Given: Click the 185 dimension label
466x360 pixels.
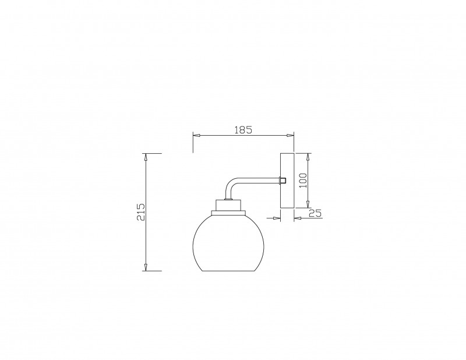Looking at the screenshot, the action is point(243,130).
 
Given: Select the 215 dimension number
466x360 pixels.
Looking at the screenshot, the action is point(140,212).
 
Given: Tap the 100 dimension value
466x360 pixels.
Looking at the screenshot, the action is point(303,181).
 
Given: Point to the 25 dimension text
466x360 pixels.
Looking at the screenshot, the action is point(315,213).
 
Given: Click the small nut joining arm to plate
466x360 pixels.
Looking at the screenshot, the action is point(283,181).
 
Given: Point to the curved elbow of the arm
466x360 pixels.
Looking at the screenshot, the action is point(230,184).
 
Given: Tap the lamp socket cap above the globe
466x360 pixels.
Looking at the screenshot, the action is point(228,205).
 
